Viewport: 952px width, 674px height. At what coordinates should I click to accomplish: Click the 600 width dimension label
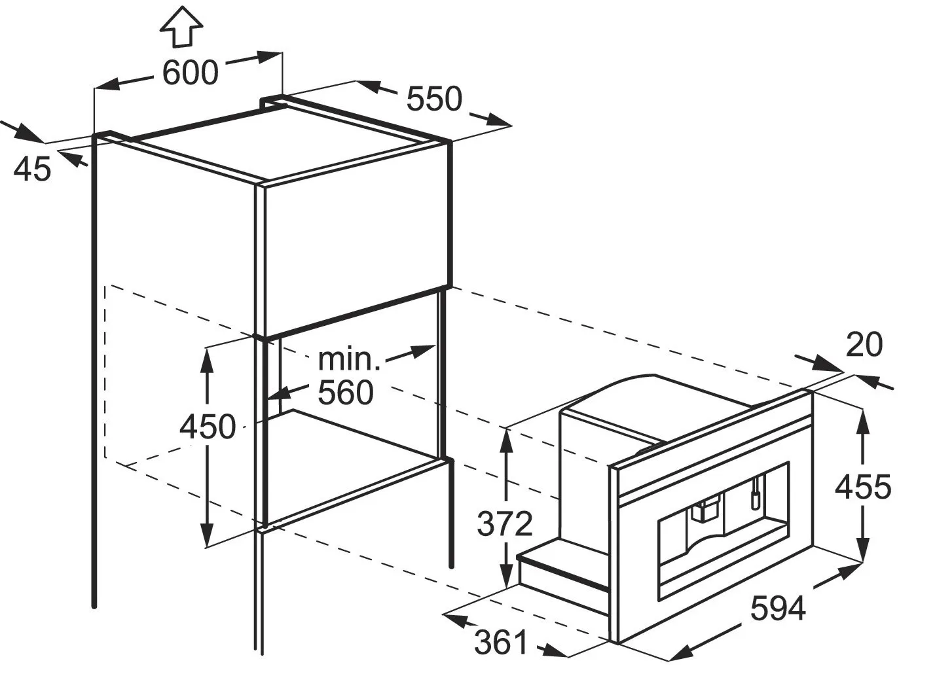(x=190, y=73)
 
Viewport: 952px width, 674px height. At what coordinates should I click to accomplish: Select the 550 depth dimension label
(x=434, y=99)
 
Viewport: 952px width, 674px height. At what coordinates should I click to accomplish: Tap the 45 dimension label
(x=32, y=169)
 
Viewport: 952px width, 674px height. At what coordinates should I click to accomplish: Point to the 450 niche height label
(x=208, y=427)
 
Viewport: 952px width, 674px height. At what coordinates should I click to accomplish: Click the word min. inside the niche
(x=349, y=359)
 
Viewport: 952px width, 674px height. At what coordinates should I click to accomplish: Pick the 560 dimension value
(x=345, y=393)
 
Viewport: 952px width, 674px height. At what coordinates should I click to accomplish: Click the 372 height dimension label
(x=505, y=523)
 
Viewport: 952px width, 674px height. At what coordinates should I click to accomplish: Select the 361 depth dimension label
(x=501, y=643)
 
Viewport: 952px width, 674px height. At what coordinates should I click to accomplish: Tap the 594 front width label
(x=778, y=609)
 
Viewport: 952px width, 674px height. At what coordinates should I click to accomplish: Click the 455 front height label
(x=863, y=487)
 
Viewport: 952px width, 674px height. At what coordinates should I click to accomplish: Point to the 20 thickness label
(x=864, y=345)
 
